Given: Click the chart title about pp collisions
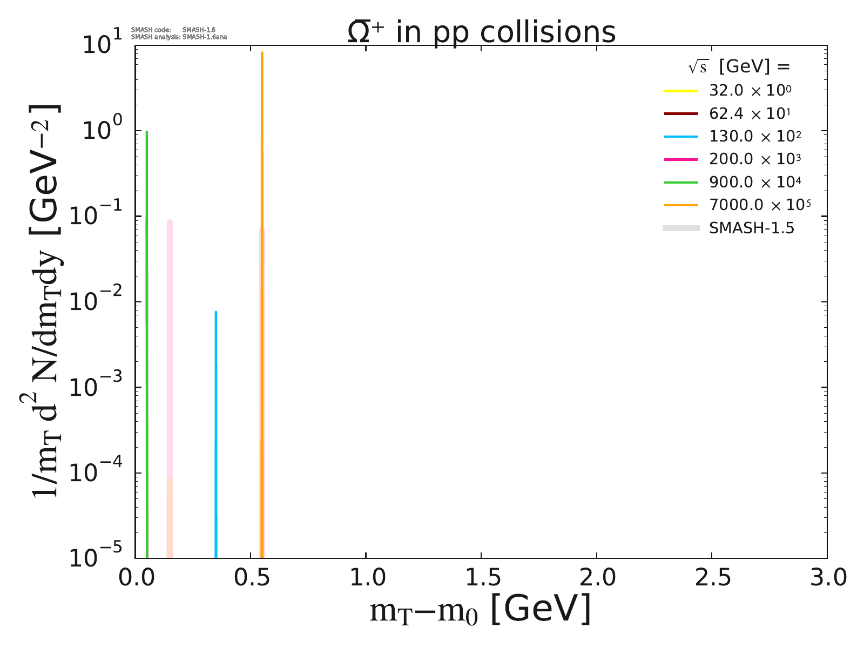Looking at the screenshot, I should coord(481,32).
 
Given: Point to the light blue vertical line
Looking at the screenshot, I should coord(216,432).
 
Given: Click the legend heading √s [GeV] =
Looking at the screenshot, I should coord(739,66).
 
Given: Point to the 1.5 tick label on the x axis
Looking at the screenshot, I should coord(481,578).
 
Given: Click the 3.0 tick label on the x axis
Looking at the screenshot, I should coord(826,578).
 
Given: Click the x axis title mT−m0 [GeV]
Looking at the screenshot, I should coord(480,610).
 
